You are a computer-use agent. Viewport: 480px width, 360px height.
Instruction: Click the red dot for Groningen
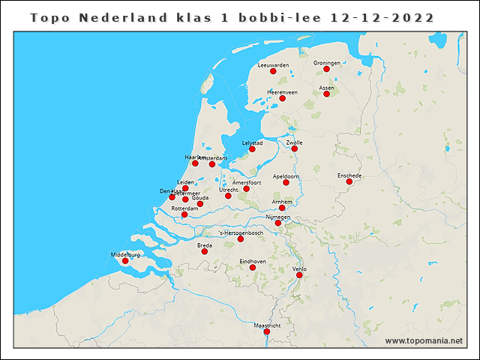pos(327,69)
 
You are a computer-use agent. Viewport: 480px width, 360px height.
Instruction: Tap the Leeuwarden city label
pos(273,65)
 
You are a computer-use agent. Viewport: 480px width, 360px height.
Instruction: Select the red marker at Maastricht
pos(267,331)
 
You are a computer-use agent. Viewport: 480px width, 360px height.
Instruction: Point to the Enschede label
pos(349,175)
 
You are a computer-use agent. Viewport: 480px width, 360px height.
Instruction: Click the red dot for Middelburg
pos(125,261)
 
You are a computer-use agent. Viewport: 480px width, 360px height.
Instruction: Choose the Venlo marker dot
pos(299,275)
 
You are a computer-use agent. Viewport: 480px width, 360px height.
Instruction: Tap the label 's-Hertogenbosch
pos(240,232)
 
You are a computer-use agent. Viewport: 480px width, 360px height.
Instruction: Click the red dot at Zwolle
pos(295,148)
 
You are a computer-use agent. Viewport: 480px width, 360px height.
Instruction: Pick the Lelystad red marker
pos(252,148)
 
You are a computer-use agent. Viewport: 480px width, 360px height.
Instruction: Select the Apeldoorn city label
pos(286,176)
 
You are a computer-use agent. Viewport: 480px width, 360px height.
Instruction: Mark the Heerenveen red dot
pos(283,98)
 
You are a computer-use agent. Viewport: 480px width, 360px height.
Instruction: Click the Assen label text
pos(326,88)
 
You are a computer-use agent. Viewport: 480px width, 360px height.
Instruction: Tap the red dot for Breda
pos(204,251)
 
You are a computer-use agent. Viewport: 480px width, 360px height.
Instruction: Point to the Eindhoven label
pos(253,260)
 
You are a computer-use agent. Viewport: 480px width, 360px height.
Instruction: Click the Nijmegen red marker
pos(277,223)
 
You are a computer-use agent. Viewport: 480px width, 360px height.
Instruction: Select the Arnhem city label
pos(282,202)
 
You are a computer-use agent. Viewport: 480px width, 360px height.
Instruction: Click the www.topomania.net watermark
pos(424,340)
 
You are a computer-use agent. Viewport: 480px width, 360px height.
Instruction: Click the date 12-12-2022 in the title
pos(382,16)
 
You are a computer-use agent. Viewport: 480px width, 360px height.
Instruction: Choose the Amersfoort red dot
pos(246,188)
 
